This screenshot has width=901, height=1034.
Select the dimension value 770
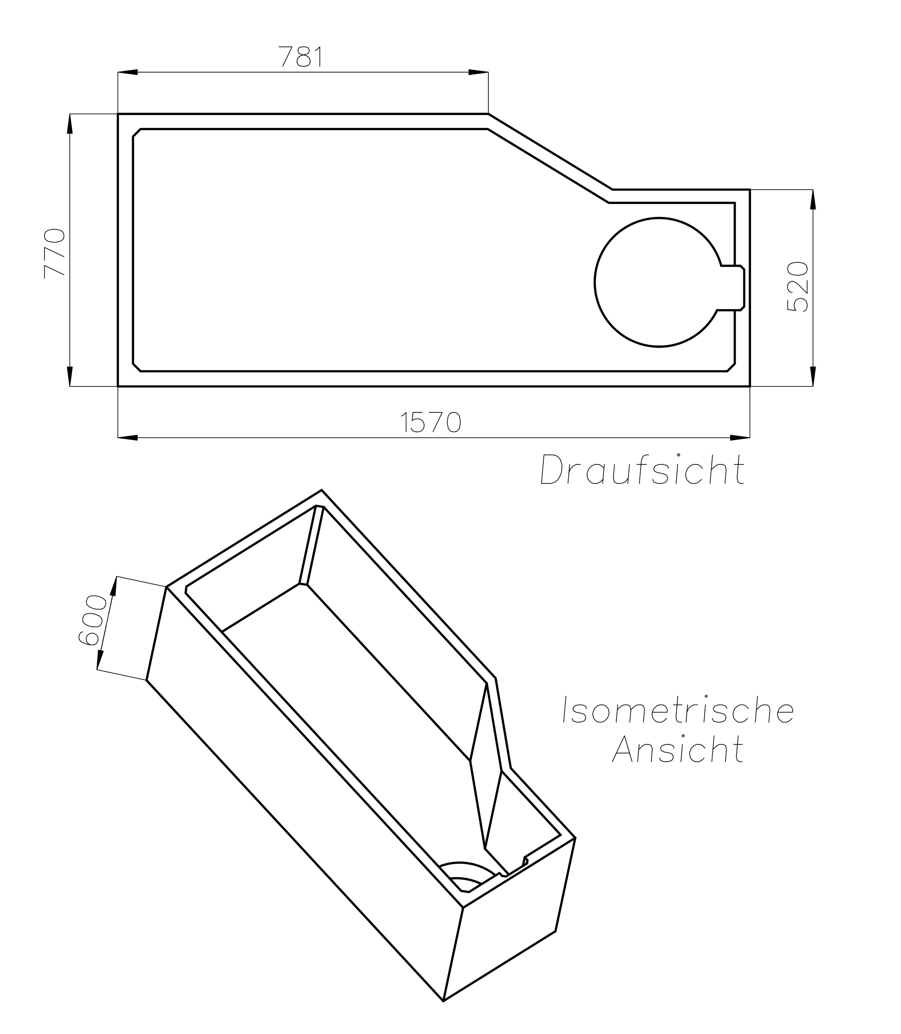tap(54, 253)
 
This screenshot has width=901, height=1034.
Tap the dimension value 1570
tap(431, 423)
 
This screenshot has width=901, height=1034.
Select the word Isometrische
tap(678, 711)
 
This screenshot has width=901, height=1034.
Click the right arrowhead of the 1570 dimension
tap(740, 437)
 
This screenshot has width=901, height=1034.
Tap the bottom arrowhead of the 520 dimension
tap(813, 376)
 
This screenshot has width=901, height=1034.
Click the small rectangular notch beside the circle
tap(732, 288)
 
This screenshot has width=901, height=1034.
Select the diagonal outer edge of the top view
tap(550, 152)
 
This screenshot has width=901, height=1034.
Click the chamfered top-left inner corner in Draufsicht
tap(137, 133)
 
